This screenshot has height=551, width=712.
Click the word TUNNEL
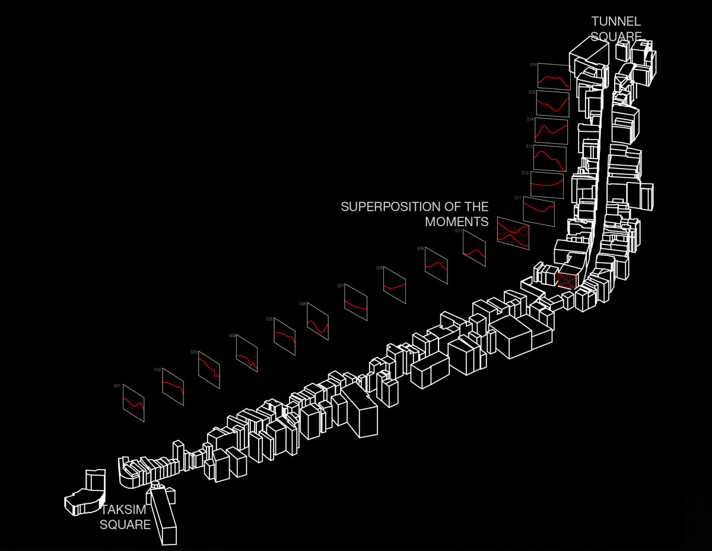click(x=616, y=21)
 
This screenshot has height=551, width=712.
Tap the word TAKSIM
click(x=123, y=510)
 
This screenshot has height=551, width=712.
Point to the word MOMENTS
click(x=456, y=221)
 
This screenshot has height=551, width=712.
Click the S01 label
click(x=117, y=386)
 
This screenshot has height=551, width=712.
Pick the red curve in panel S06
click(x=318, y=324)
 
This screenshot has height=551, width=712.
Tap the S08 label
click(x=379, y=268)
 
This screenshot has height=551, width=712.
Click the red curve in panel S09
click(x=436, y=265)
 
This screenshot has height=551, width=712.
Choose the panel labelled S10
click(x=475, y=248)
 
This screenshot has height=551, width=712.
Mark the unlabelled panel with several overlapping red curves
click(x=513, y=232)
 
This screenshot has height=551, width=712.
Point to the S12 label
click(x=525, y=173)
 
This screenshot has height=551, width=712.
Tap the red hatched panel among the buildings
click(x=568, y=279)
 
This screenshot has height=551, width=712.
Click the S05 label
click(x=269, y=319)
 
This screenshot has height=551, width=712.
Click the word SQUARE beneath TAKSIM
click(x=125, y=525)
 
